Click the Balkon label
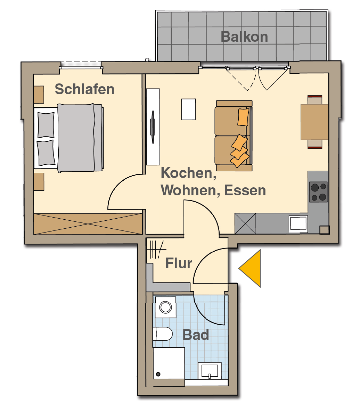tap(244, 36)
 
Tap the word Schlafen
tap(85, 89)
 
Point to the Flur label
tap(179, 263)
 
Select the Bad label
tap(196, 335)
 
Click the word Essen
tap(245, 190)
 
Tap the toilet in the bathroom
tap(163, 334)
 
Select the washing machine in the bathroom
tap(166, 307)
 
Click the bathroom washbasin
tap(210, 371)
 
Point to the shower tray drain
tap(158, 374)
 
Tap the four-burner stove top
tap(318, 192)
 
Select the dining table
tap(314, 122)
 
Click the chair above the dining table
tap(315, 100)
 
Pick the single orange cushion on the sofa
tap(243, 117)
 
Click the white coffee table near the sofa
tap(188, 109)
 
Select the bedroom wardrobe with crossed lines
tap(88, 224)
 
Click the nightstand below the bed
tap(39, 182)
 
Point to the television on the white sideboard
tap(152, 127)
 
